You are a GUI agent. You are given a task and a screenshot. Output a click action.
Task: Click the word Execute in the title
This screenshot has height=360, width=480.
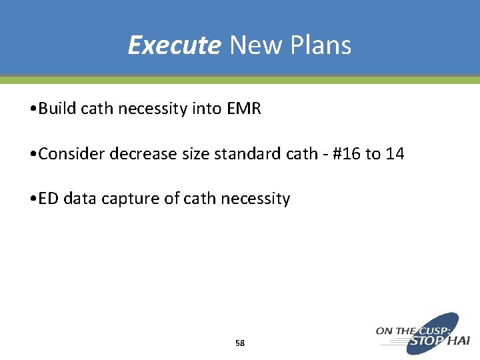pyautogui.click(x=173, y=45)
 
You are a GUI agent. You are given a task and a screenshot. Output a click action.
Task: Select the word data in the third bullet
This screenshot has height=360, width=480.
pyautogui.click(x=77, y=199)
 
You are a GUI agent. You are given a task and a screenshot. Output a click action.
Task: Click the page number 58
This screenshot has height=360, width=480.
pyautogui.click(x=240, y=343)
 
